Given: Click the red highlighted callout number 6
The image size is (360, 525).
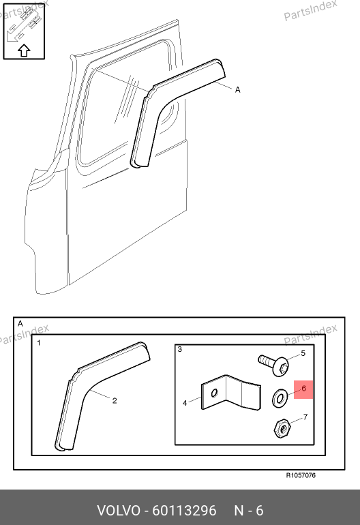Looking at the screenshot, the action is (x=303, y=389).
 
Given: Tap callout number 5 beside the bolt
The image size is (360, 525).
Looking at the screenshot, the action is (x=303, y=353).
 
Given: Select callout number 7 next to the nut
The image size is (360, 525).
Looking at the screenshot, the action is (x=305, y=417).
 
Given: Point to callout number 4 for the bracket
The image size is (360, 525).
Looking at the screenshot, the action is (x=185, y=403).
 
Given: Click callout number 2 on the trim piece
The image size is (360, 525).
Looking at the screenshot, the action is (x=115, y=400).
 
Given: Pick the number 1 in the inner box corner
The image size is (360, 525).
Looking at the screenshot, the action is (x=39, y=343).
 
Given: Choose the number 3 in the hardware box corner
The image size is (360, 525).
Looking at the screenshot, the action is (x=180, y=350).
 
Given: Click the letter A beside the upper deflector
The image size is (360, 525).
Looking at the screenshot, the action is (x=237, y=90).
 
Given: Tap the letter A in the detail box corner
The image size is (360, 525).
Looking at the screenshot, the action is (x=20, y=324).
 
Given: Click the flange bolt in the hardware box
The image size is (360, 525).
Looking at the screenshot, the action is (x=273, y=365).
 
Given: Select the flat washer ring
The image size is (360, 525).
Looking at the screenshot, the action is (x=280, y=398).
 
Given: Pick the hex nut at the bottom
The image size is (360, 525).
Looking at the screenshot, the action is (x=282, y=428).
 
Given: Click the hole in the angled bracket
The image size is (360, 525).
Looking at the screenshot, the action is (x=215, y=393).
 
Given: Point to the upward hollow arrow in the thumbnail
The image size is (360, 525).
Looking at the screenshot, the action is (x=24, y=50).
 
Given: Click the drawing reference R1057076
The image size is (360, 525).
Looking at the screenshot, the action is (x=301, y=475).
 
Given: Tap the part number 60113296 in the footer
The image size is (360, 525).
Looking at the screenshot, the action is (x=185, y=511).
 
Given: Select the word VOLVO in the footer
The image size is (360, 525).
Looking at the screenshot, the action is (x=119, y=511).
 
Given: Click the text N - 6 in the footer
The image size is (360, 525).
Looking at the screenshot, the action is (x=248, y=511).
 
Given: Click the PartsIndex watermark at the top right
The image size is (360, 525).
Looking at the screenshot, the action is (x=310, y=10).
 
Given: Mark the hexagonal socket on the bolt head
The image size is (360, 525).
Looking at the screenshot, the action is (x=283, y=367).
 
